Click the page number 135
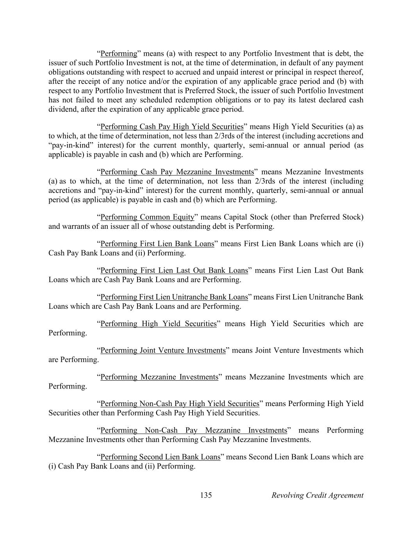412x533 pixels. click(x=206, y=496)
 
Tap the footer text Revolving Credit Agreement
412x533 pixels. click(x=317, y=496)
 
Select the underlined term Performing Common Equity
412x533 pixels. click(x=147, y=217)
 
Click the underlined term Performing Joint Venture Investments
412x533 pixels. click(x=163, y=350)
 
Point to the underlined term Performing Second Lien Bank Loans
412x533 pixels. click(x=160, y=457)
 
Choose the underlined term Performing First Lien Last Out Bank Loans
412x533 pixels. click(x=174, y=271)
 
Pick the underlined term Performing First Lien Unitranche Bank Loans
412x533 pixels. click(x=174, y=297)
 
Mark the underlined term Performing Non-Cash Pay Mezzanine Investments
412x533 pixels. click(x=194, y=430)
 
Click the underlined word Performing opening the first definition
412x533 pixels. click(x=119, y=53)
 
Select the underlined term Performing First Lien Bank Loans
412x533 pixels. click(x=157, y=244)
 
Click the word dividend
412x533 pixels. click(x=62, y=109)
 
